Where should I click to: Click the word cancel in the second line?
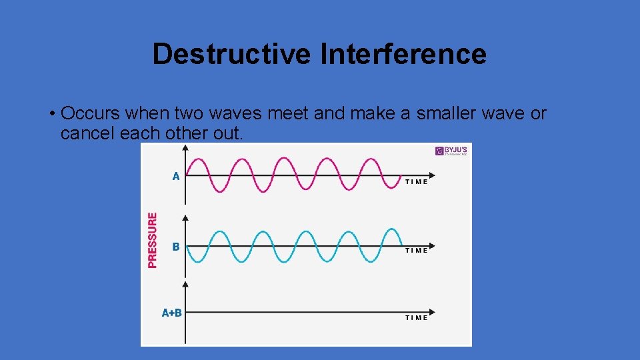pos(87,133)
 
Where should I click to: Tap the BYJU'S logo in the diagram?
pos(451,151)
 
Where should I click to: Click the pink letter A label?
pos(175,177)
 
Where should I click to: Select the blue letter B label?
pos(175,247)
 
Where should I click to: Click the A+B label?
pos(172,313)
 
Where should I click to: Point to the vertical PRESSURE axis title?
pos(153,240)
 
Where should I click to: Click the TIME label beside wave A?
pos(417,182)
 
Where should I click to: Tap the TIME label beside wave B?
pos(417,251)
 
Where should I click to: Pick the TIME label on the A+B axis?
pos(417,318)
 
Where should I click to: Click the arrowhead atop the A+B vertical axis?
pos(185,283)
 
